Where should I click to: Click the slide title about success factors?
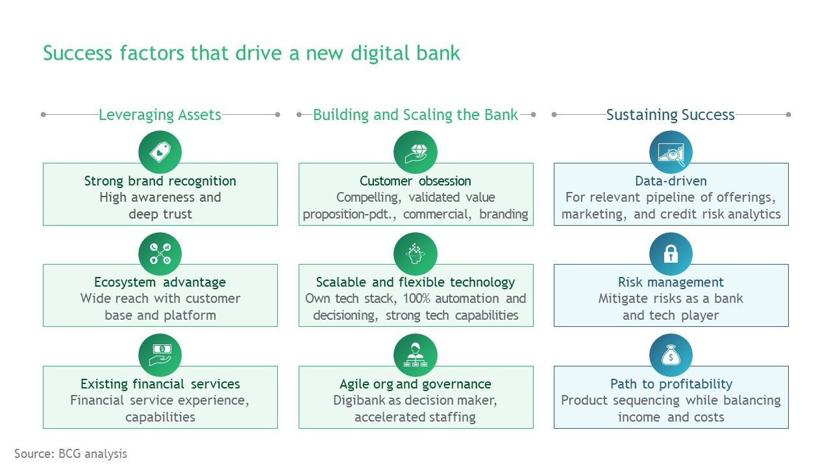(251, 53)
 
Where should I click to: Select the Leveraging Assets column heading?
(160, 115)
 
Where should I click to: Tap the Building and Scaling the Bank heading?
(415, 115)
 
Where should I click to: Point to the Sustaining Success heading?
(670, 115)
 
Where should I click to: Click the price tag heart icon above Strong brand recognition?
(160, 152)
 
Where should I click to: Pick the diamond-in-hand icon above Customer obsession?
(415, 152)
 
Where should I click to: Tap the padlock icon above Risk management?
(671, 254)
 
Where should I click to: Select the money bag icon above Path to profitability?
(671, 355)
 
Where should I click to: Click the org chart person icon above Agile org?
(415, 355)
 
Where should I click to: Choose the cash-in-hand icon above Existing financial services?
(160, 355)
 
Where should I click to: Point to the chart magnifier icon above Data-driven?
(671, 152)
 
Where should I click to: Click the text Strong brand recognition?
(160, 181)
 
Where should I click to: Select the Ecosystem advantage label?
(160, 282)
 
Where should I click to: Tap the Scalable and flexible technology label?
(415, 282)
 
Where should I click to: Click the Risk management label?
(671, 282)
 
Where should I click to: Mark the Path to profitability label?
(671, 384)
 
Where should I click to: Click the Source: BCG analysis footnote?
(71, 453)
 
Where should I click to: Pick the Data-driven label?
(671, 181)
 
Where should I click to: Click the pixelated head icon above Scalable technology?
(415, 254)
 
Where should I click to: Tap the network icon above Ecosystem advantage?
(160, 254)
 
